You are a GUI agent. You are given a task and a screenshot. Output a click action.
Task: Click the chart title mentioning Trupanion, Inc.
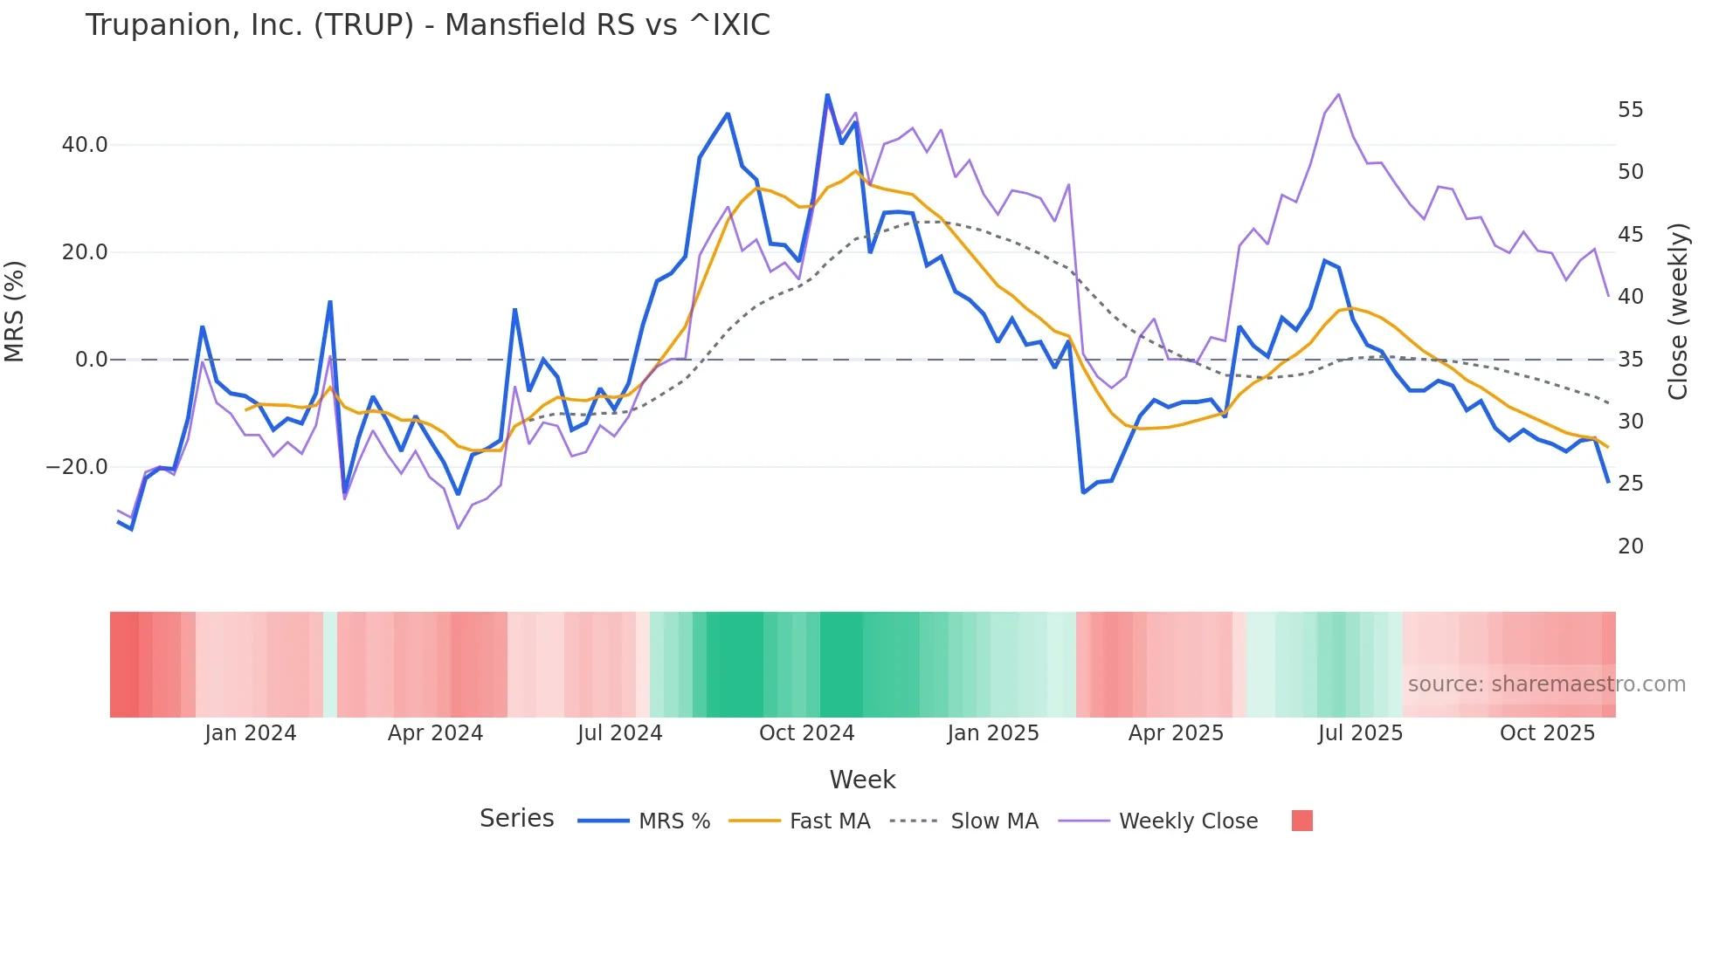428,25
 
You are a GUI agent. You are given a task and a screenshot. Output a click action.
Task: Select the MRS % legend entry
673,821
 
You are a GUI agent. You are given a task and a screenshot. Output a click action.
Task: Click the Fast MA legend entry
829,821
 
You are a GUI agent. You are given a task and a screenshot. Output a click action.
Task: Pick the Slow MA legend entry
994,821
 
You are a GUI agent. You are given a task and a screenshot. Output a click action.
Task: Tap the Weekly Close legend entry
1188,821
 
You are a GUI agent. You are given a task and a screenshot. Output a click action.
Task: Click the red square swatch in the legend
1301,821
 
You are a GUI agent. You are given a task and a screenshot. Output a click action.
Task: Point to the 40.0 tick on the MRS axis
85,145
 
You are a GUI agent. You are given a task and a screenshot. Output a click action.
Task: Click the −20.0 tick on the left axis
77,467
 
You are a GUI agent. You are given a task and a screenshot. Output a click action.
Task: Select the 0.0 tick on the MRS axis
91,360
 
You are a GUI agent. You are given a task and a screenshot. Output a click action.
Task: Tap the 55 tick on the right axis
1630,110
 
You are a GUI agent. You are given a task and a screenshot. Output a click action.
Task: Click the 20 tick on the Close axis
1630,546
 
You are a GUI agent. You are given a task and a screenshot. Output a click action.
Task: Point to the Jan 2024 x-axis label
251,733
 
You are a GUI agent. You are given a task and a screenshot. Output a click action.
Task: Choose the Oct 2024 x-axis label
806,733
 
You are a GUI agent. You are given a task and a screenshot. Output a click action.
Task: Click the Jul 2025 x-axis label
1360,733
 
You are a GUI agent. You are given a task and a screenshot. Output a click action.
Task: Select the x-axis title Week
862,780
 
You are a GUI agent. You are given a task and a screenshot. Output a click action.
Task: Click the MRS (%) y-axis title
15,312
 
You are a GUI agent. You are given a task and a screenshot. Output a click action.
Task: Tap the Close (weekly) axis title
1677,312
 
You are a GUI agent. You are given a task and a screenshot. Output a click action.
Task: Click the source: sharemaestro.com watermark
1546,684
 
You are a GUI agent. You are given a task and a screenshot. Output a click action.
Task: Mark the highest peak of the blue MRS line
827,95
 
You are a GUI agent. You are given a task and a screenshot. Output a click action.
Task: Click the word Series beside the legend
516,819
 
